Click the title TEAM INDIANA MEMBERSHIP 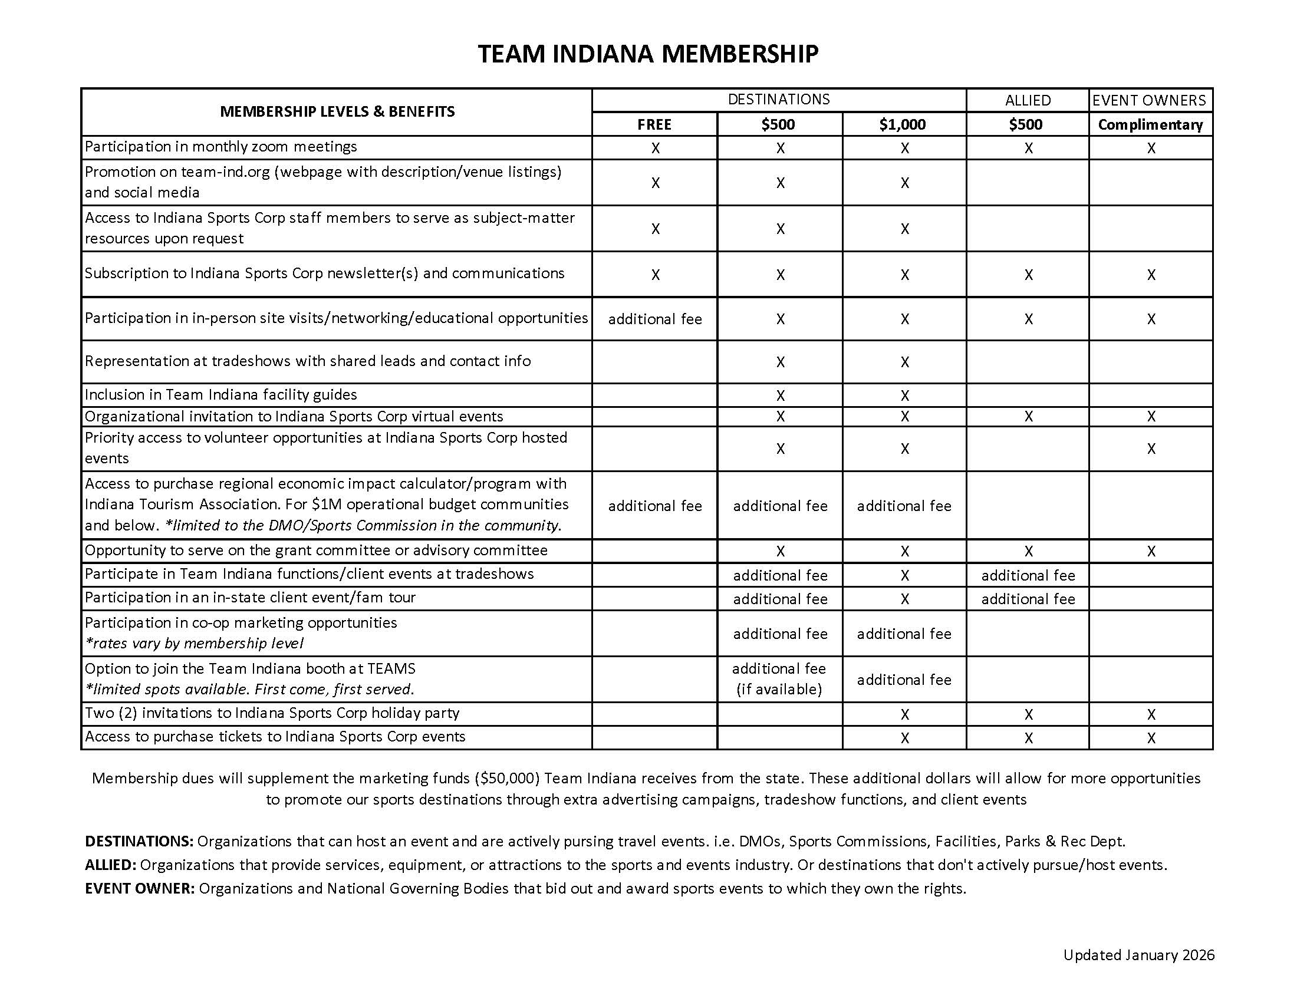pos(648,54)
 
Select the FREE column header pos(654,124)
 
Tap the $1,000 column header pos(903,124)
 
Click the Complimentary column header pos(1150,124)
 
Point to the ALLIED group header pos(1028,100)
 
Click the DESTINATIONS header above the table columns pos(779,99)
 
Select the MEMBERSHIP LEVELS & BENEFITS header pos(337,111)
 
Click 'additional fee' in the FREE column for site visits pos(654,319)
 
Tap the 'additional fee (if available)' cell pos(779,679)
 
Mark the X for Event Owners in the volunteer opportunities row pos(1151,449)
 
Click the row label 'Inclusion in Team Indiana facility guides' pos(221,395)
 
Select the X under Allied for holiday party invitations pos(1028,714)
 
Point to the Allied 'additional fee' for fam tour pos(1028,599)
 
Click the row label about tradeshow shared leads pos(308,361)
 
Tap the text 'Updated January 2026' pos(1138,955)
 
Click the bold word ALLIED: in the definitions pos(110,865)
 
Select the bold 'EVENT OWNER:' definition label pos(140,889)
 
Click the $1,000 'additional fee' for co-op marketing pos(904,634)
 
